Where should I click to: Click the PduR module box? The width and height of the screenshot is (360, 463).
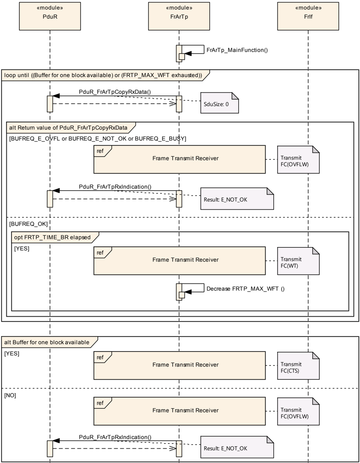point(50,16)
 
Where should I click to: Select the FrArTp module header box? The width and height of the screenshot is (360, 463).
point(179,16)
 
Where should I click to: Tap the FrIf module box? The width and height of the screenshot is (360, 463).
point(308,16)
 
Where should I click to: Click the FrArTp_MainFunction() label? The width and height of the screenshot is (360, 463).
point(237,50)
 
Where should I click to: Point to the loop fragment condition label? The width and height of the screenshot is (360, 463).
point(103,75)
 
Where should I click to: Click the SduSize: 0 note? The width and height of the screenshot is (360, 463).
point(220,103)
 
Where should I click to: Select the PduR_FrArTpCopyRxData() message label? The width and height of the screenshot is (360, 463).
point(115,92)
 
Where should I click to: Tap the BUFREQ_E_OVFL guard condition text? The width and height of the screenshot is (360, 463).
point(98,139)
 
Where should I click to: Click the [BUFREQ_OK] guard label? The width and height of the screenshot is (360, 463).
point(28,224)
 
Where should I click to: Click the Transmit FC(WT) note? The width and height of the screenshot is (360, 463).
point(298,261)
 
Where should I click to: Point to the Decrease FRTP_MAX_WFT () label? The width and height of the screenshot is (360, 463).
point(245,289)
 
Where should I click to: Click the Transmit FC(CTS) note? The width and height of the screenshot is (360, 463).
point(298,365)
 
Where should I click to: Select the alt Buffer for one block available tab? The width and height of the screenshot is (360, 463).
point(50,342)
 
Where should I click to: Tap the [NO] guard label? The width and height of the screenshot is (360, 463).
point(10,395)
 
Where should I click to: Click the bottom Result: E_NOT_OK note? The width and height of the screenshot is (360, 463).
point(237,447)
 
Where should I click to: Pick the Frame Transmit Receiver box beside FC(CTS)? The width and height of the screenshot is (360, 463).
point(179,365)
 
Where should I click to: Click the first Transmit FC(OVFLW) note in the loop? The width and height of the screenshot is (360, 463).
point(298,160)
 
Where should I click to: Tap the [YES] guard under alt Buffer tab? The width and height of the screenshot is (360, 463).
point(12,354)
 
